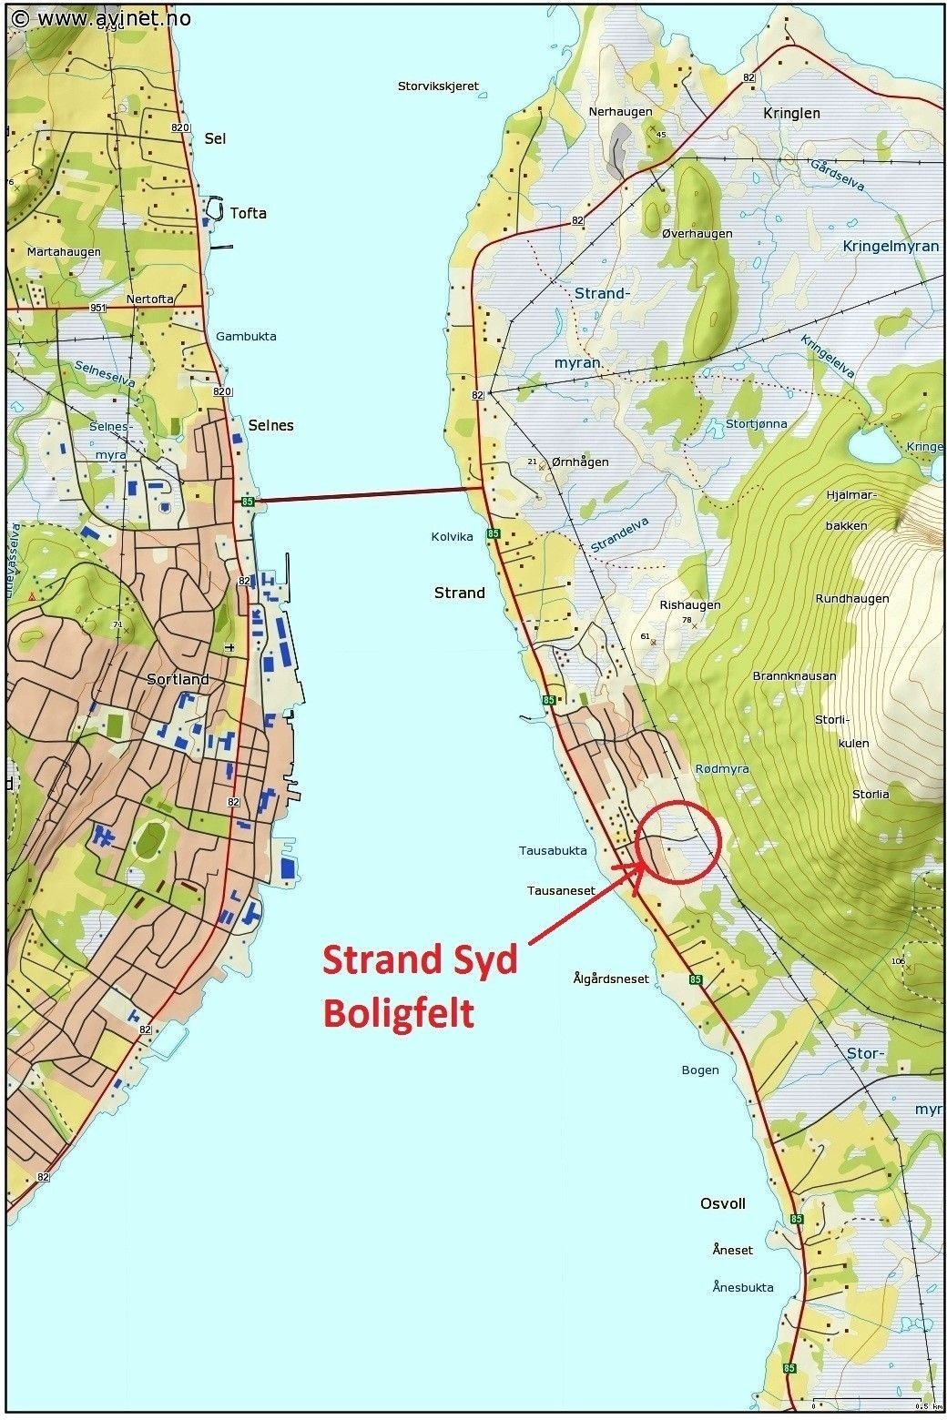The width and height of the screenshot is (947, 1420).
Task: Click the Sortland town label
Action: (x=178, y=679)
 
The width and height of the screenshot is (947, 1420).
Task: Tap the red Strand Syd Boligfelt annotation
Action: (x=420, y=986)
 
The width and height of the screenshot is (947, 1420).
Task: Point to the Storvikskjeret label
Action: (x=438, y=86)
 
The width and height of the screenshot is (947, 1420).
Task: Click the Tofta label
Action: (x=248, y=213)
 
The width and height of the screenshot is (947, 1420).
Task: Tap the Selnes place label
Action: (x=271, y=425)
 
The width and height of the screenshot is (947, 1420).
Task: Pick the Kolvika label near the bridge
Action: (x=453, y=537)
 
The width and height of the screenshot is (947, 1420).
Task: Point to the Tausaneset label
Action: (x=561, y=890)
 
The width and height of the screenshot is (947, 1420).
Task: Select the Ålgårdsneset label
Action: (x=611, y=979)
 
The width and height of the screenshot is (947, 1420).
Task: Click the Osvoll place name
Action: (x=722, y=1203)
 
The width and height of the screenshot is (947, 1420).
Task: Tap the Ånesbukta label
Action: (x=742, y=1287)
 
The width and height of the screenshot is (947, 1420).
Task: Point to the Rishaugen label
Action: (x=689, y=604)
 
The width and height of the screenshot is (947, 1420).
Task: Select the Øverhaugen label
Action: (x=697, y=233)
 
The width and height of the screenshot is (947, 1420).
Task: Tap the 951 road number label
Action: (x=97, y=308)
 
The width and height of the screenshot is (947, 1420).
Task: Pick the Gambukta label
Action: (x=246, y=336)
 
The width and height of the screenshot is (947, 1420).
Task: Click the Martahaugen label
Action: (x=64, y=251)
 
